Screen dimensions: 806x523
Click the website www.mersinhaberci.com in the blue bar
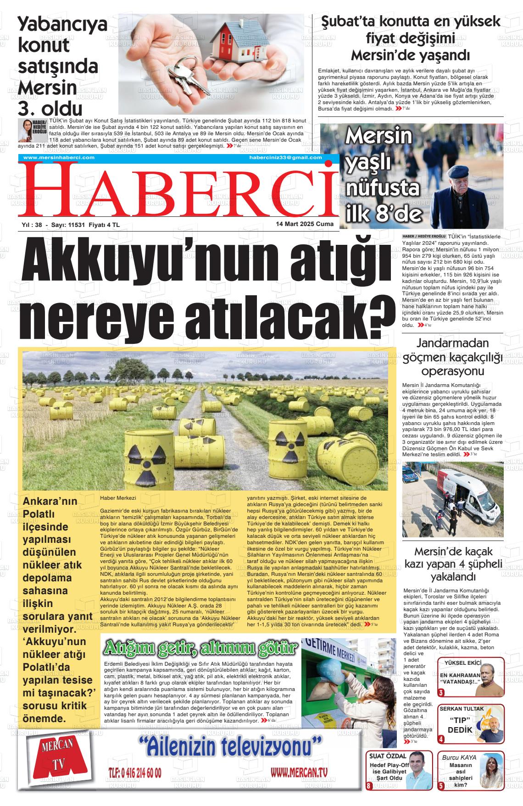pyautogui.click(x=59, y=157)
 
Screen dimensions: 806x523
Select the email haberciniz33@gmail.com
pyautogui.click(x=285, y=157)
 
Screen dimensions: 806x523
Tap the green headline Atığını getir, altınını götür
pyautogui.click(x=201, y=648)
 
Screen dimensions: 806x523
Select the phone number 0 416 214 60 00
pyautogui.click(x=134, y=772)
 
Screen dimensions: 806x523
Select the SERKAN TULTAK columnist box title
pyautogui.click(x=462, y=708)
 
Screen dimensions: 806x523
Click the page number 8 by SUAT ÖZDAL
pyautogui.click(x=368, y=785)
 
